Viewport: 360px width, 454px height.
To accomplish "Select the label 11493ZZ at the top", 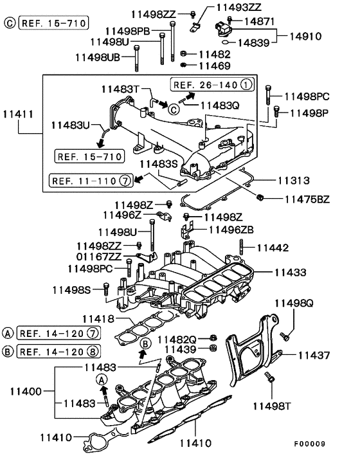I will click(x=239, y=8).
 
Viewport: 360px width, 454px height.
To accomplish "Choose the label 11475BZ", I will click(x=307, y=199).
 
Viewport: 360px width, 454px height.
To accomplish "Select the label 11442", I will click(x=273, y=247).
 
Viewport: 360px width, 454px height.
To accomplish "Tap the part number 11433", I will click(x=293, y=273).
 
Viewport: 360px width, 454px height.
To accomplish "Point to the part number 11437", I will click(x=314, y=354).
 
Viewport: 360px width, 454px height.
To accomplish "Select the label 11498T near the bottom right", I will click(x=272, y=406).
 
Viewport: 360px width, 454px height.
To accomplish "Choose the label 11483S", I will click(x=160, y=164).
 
